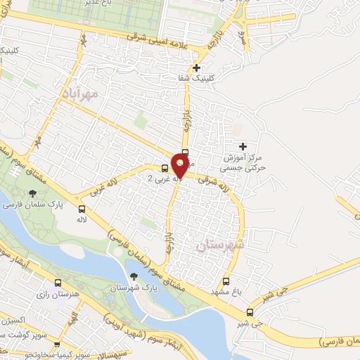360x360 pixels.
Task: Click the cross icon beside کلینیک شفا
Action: [x=196, y=67]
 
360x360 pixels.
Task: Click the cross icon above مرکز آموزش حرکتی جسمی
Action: [x=243, y=147]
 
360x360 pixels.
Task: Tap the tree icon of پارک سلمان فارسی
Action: [x=32, y=193]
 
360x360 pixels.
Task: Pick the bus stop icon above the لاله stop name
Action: [x=82, y=209]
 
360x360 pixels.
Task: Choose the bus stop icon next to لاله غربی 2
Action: [x=165, y=168]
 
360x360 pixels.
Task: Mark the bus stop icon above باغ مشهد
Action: [x=226, y=281]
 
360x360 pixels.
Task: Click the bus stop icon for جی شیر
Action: [x=250, y=313]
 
